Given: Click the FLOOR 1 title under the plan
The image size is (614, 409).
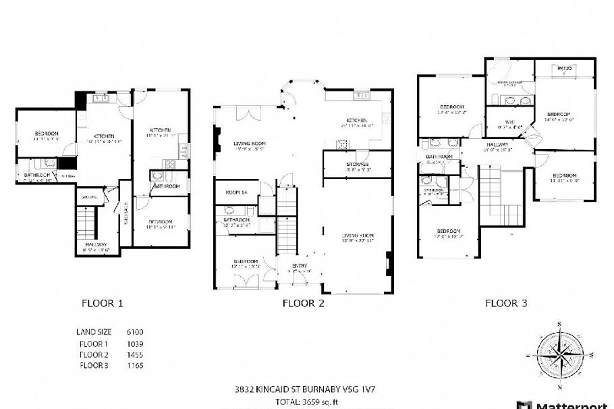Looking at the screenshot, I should [102, 303].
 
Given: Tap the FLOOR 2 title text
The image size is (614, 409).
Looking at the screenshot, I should [303, 303].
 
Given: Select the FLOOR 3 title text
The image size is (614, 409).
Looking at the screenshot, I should [506, 303].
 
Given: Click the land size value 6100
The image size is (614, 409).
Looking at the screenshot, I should [134, 332].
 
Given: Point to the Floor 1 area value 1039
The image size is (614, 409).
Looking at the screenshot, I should [134, 344].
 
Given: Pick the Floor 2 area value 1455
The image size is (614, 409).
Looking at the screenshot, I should [134, 354].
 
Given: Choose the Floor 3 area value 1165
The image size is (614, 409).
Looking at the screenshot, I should [134, 365].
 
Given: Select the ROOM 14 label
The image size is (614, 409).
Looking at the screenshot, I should [236, 193].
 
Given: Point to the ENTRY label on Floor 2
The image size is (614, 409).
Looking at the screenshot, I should [300, 266].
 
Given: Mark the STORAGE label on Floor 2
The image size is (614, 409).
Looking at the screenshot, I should [358, 165].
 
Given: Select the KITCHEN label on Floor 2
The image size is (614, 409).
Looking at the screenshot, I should [358, 120].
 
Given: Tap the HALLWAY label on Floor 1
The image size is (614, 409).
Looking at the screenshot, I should [96, 244].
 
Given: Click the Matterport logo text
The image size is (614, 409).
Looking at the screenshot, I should [574, 405].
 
